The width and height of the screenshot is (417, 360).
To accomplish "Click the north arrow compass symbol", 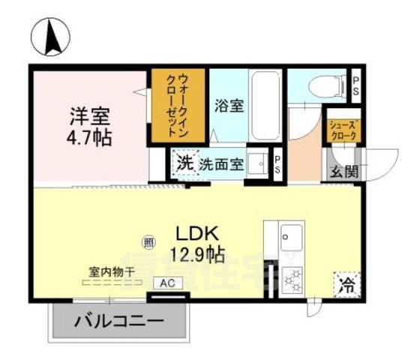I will tap(50, 36).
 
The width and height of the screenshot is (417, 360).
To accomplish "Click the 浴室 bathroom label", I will tap(229, 106).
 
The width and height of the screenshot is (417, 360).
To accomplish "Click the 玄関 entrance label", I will tap(344, 170).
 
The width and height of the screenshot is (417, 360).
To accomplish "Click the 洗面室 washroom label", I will tap(220, 164).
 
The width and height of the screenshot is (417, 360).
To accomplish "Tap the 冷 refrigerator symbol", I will tap(346, 284).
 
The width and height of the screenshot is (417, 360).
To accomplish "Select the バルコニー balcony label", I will tap(118, 322).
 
